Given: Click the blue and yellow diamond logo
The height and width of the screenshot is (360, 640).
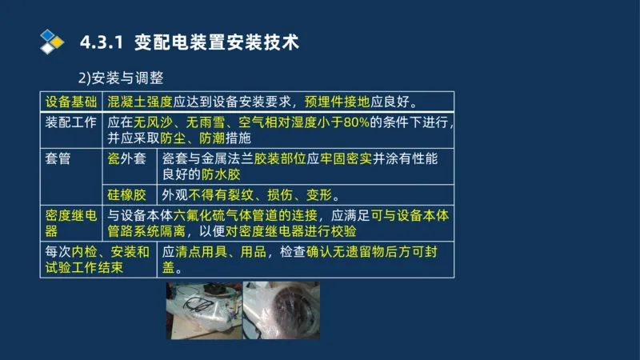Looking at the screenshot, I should click(51, 41).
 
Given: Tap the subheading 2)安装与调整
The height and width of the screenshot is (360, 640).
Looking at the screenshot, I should click(121, 78).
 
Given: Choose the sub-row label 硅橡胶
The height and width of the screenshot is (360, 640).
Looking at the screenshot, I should click(127, 194).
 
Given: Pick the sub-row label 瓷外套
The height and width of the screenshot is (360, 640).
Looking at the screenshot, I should click(127, 158).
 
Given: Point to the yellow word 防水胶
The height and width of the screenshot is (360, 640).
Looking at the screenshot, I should click(222, 174).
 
